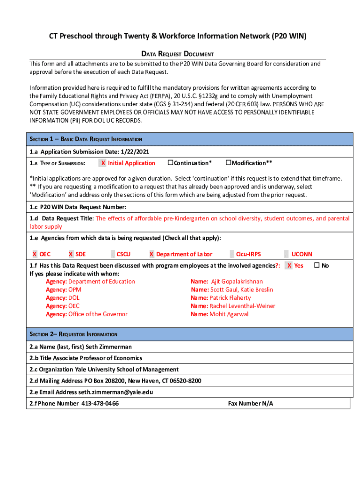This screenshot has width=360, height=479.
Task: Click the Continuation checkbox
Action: [x=171, y=163]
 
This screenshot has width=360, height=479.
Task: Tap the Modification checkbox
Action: [x=229, y=163]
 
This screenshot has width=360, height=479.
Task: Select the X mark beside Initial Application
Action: [x=103, y=163]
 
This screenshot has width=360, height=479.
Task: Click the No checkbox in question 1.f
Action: [x=316, y=265]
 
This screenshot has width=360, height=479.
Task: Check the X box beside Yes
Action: [x=290, y=265]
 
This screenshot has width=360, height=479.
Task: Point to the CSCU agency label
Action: [x=123, y=254]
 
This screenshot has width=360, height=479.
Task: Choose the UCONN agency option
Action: [x=302, y=254]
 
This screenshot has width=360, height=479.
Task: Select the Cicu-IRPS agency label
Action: [x=248, y=254]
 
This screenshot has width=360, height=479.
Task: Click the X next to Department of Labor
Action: [x=151, y=254]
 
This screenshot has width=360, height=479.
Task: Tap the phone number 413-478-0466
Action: [x=100, y=403]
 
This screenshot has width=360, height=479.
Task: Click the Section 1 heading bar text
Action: [x=86, y=139]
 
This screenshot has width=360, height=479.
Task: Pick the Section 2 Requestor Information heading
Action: [x=73, y=334]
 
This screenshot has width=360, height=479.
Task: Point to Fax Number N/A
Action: [x=250, y=403]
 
